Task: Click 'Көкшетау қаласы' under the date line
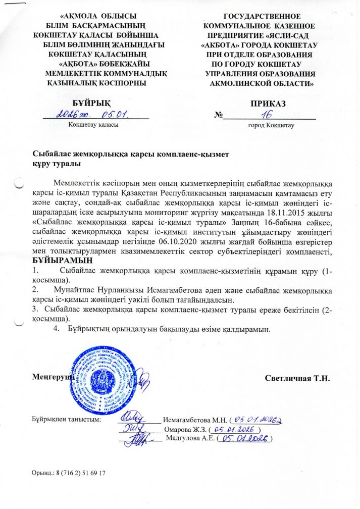pos(93,124)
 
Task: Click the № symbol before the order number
pos(218,115)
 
